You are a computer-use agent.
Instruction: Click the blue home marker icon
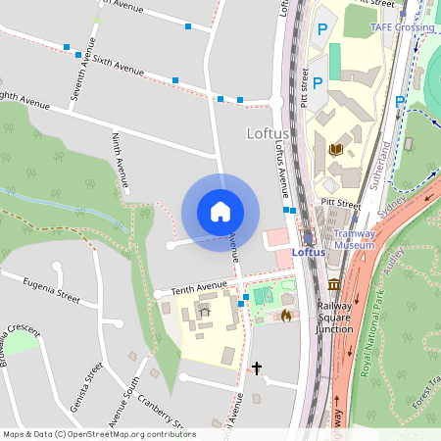coord(220,212)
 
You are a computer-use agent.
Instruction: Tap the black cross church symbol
coord(257,369)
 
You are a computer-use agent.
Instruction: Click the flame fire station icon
coord(285,316)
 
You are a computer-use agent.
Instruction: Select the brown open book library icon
coord(336,149)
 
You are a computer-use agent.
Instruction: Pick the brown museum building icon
coord(334,284)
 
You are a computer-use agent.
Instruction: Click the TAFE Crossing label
coord(402,27)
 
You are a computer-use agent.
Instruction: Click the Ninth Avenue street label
coord(121,159)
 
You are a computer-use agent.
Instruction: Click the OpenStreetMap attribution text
coord(99,434)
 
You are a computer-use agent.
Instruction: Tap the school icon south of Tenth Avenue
coord(205,312)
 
